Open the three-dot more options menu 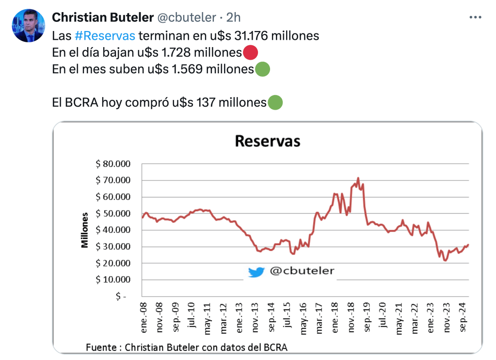[x=475, y=17]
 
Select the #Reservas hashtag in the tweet [x=105, y=36]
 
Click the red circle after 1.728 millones [x=250, y=52]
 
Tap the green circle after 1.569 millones [x=262, y=69]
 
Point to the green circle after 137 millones [x=275, y=103]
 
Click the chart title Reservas [x=267, y=141]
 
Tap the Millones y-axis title [x=85, y=230]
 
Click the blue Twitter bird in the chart [x=256, y=272]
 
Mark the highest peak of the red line [x=358, y=178]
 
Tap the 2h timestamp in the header [x=233, y=17]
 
